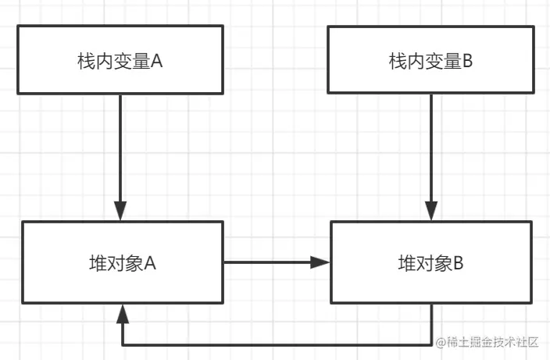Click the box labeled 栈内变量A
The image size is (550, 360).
click(120, 60)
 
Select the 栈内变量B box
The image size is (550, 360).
click(430, 60)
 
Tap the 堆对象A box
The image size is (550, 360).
click(123, 262)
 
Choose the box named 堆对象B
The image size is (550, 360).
click(431, 262)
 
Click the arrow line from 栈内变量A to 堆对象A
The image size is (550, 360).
click(120, 148)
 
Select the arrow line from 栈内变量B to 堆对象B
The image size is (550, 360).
click(431, 148)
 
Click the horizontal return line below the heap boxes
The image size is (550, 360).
click(273, 344)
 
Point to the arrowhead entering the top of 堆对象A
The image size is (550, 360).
click(120, 211)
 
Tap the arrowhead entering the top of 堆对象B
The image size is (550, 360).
click(431, 211)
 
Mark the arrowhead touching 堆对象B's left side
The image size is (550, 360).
click(320, 262)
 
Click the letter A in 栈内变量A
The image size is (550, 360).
click(155, 61)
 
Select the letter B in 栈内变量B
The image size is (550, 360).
click(468, 61)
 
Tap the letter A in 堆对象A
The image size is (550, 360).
click(150, 263)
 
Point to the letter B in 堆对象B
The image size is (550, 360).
click(459, 263)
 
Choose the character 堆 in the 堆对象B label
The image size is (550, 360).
click(406, 263)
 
